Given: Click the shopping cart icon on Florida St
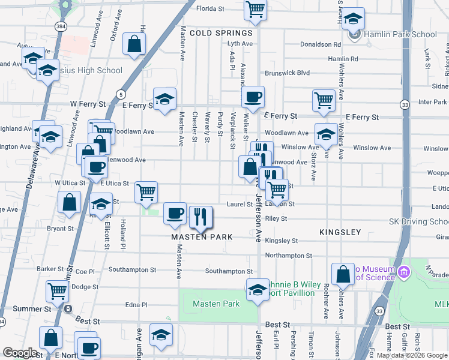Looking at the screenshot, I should [x=256, y=10].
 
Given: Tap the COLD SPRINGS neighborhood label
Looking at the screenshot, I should [x=221, y=34].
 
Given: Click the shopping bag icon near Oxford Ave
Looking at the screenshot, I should [x=134, y=43].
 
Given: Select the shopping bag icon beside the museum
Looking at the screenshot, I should [x=342, y=275].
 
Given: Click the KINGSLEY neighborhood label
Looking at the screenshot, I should [x=340, y=232].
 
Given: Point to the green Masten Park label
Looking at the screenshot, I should [x=216, y=304].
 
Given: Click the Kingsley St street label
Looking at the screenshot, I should [x=282, y=241].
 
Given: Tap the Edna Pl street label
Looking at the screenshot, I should [x=136, y=305].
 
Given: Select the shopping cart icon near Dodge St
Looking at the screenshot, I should [x=57, y=292].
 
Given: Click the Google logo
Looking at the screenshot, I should [x=20, y=353].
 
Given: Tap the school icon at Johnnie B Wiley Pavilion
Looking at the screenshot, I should [x=258, y=289].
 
